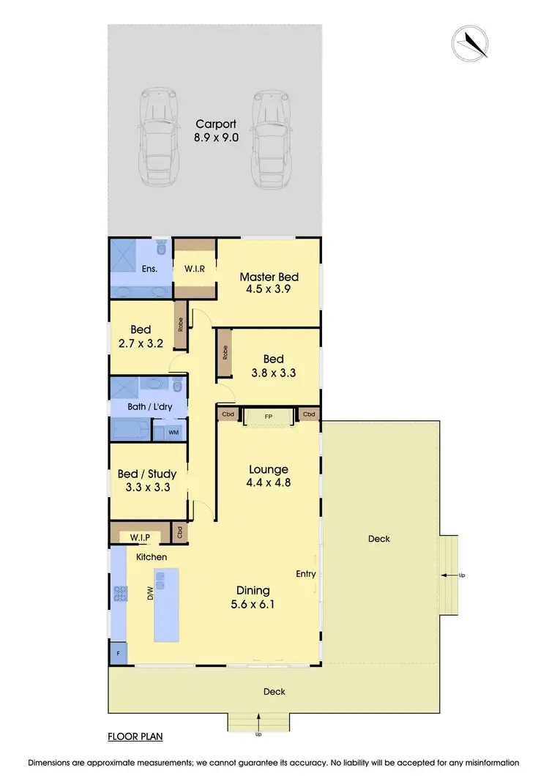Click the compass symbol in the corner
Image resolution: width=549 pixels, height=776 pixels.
(470, 42)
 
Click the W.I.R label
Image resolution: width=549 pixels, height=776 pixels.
(194, 269)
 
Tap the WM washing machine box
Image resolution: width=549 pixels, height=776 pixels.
(173, 433)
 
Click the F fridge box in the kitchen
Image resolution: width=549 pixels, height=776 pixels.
(118, 651)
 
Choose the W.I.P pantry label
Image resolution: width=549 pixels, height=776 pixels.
(140, 537)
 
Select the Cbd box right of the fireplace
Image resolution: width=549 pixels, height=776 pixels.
(309, 414)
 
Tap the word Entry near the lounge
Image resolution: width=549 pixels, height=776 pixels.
(305, 575)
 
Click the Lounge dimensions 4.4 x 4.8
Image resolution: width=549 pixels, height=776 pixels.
(268, 483)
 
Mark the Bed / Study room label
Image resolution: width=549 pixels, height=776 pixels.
(146, 474)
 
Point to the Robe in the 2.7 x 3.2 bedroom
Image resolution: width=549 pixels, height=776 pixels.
(179, 323)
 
